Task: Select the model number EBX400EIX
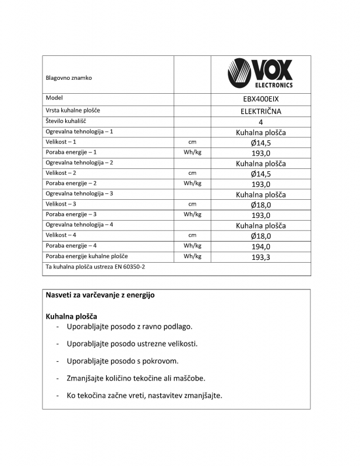point(260,99)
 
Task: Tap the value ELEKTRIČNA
point(260,111)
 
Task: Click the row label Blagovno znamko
point(69,77)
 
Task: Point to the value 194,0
point(260,246)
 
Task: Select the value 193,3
point(260,257)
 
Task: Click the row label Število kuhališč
point(66,121)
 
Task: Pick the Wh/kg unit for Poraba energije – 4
point(192,246)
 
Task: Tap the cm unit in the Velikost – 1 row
point(192,142)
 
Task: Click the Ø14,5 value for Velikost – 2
point(260,174)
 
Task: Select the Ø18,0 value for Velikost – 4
point(260,236)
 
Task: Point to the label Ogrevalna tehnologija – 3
point(79,193)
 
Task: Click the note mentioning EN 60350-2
point(95,267)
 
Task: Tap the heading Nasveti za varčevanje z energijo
point(100,295)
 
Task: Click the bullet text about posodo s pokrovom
point(122,361)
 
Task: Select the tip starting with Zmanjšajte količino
point(136,378)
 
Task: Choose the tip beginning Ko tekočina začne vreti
point(144,396)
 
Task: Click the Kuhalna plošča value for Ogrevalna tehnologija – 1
point(260,132)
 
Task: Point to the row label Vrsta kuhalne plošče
point(72,110)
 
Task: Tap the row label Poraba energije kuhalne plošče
point(87,256)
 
